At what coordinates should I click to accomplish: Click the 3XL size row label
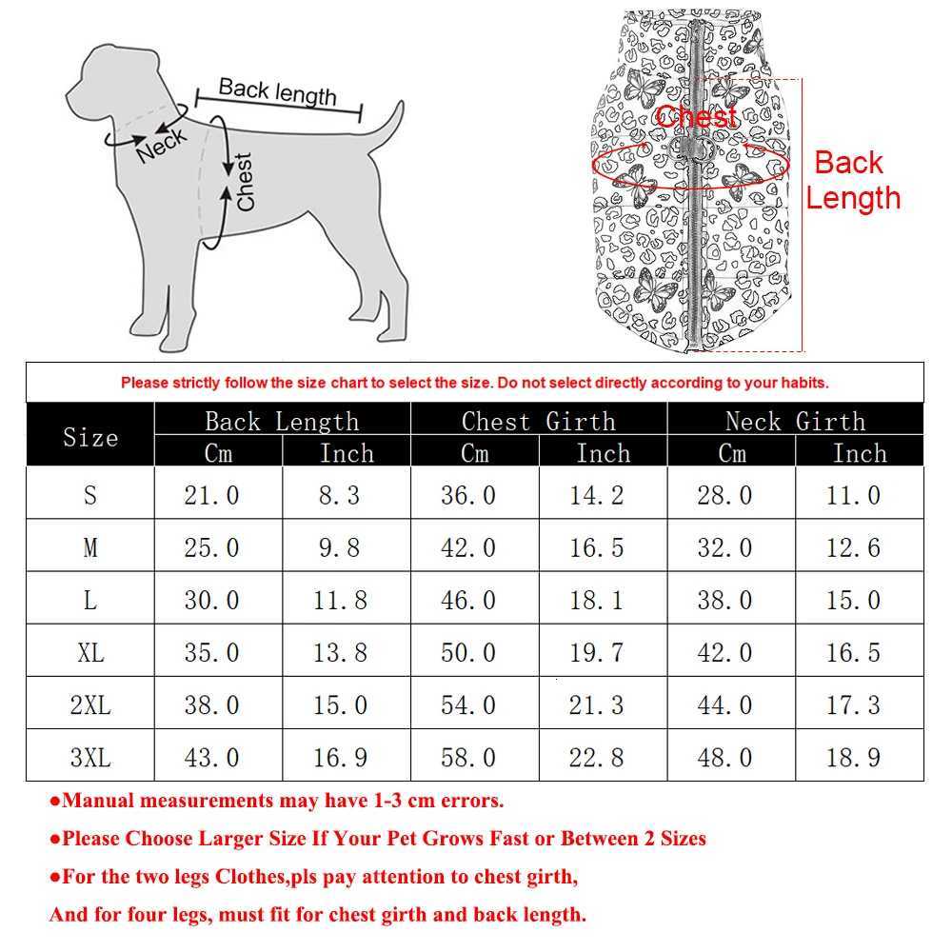pyautogui.click(x=90, y=758)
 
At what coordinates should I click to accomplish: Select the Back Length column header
pyautogui.click(x=282, y=421)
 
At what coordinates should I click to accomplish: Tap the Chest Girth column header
pyautogui.click(x=538, y=421)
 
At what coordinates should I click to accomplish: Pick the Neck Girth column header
pyautogui.click(x=795, y=421)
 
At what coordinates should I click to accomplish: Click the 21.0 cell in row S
pyautogui.click(x=211, y=495)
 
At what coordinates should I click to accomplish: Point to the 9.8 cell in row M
pyautogui.click(x=340, y=548)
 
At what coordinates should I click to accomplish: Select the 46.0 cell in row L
pyautogui.click(x=467, y=601)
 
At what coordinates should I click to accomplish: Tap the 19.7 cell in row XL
pyautogui.click(x=596, y=653)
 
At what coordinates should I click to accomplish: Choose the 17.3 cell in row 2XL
pyautogui.click(x=853, y=705)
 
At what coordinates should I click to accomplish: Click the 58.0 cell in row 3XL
pyautogui.click(x=467, y=758)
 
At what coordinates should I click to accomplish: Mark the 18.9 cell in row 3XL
pyautogui.click(x=853, y=758)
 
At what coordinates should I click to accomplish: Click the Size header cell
pyautogui.click(x=90, y=437)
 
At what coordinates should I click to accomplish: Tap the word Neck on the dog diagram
pyautogui.click(x=162, y=145)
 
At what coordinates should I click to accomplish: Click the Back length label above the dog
pyautogui.click(x=277, y=91)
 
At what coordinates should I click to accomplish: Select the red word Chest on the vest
pyautogui.click(x=697, y=117)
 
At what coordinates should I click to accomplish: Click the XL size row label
pyautogui.click(x=90, y=653)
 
